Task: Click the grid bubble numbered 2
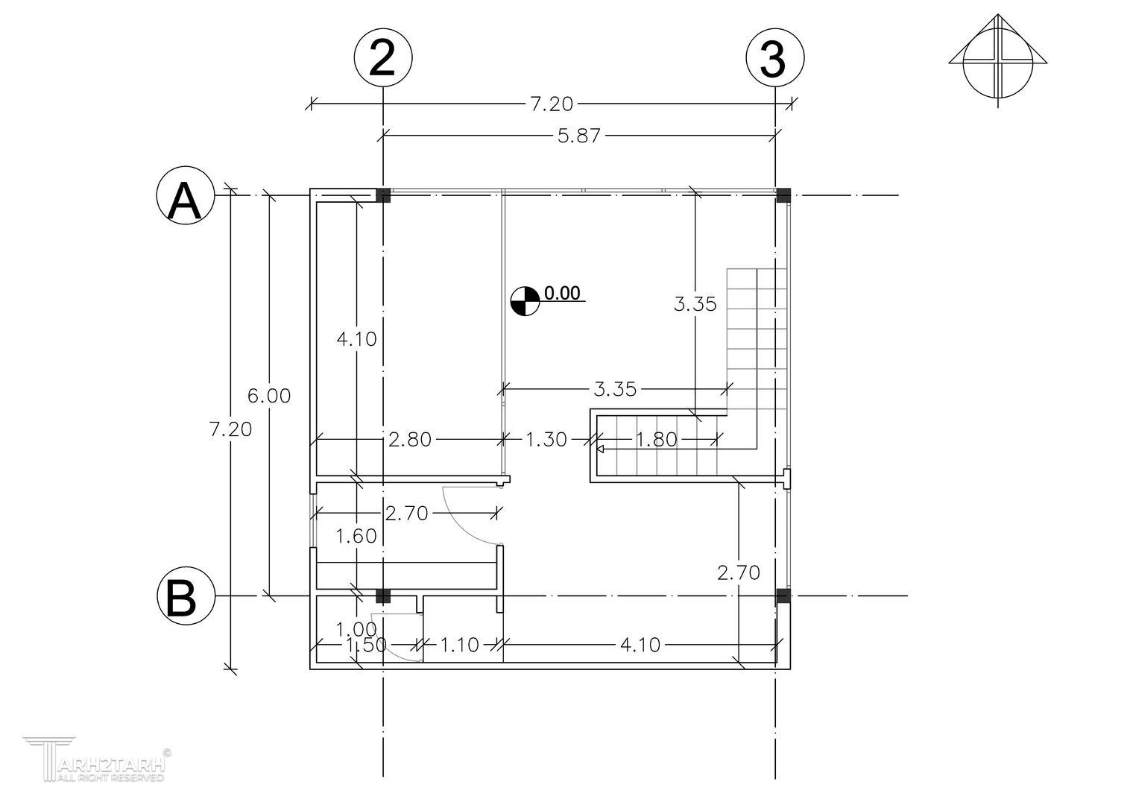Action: coord(382,57)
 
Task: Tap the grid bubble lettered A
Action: coord(186,198)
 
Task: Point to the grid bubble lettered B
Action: coord(186,597)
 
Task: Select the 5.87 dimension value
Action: coord(579,136)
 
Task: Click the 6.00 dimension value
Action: coord(269,396)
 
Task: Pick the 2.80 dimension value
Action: coord(410,440)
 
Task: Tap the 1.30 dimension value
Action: coord(546,440)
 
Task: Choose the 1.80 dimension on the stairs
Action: coord(656,440)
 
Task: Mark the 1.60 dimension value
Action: coord(356,536)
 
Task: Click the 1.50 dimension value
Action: coord(366,645)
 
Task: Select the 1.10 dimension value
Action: coord(459,645)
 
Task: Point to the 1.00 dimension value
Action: coord(356,629)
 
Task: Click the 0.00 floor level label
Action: coord(562,293)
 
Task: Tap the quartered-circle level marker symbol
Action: coord(525,301)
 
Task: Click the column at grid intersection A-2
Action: coord(382,195)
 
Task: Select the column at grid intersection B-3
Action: coord(783,596)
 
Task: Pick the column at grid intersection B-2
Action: coord(382,596)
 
